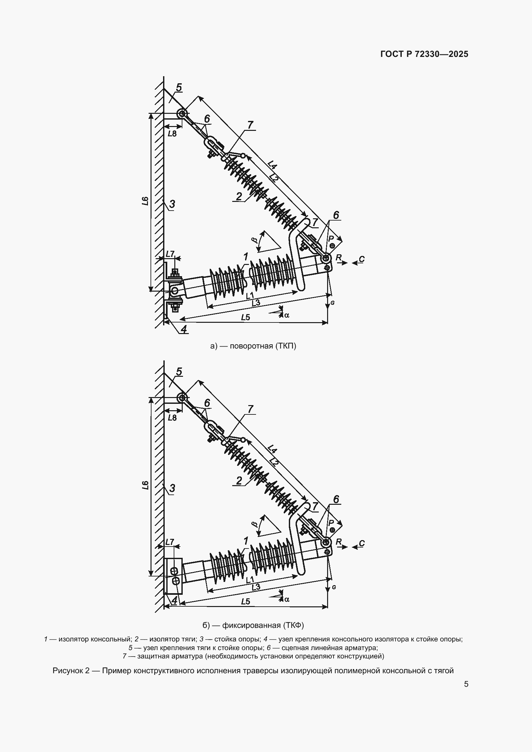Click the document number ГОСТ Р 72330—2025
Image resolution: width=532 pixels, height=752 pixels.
click(x=424, y=54)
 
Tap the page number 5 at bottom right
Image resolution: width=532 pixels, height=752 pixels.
click(x=466, y=684)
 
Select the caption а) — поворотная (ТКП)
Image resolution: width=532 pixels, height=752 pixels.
click(x=253, y=346)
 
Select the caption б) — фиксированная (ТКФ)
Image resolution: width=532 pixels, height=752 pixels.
click(x=253, y=625)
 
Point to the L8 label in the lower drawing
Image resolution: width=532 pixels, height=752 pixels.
click(x=172, y=418)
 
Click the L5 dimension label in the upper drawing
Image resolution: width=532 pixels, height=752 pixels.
click(x=245, y=317)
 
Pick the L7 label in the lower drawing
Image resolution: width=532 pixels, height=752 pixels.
click(x=170, y=542)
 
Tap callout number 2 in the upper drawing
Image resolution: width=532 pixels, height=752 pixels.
click(x=239, y=196)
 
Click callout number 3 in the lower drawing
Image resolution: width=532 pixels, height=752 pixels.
click(x=172, y=488)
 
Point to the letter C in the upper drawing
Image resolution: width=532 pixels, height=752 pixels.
click(x=362, y=259)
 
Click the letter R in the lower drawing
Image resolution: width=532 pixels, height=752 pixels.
click(x=339, y=541)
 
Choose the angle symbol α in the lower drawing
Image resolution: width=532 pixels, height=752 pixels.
click(x=287, y=599)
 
